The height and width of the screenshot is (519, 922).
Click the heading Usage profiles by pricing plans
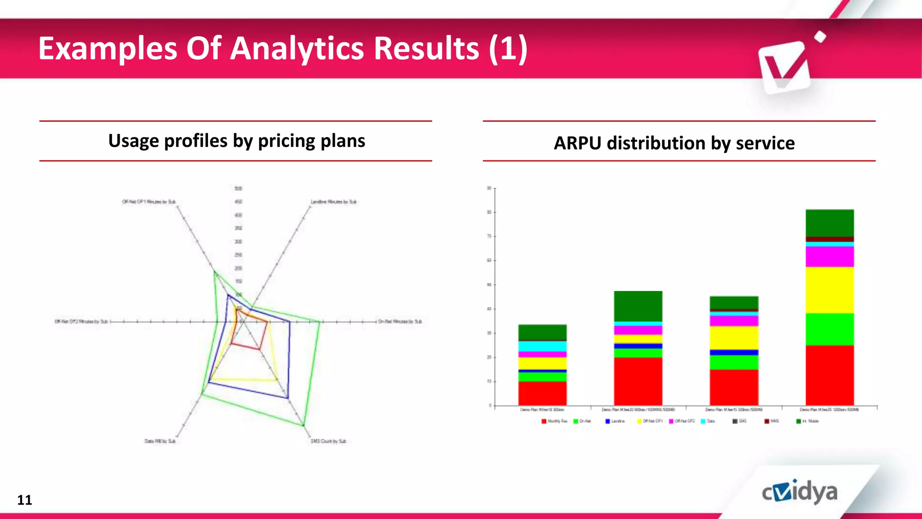[236, 141]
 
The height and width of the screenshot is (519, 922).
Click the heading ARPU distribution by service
[674, 143]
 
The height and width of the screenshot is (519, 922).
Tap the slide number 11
[24, 500]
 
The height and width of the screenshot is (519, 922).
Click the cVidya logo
[800, 492]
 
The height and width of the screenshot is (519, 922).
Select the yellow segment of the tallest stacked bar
[829, 290]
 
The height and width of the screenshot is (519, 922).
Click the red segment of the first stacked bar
[542, 393]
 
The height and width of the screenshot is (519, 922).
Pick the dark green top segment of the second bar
[638, 306]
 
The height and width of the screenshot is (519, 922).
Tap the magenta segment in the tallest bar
[829, 256]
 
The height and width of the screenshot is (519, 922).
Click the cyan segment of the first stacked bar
[542, 346]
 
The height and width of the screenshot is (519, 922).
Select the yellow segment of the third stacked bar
[734, 337]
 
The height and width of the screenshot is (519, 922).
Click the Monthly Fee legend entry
[554, 421]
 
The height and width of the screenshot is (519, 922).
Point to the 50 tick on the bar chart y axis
[489, 285]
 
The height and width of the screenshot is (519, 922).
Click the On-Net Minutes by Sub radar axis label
[399, 322]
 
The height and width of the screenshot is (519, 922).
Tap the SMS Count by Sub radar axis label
[328, 441]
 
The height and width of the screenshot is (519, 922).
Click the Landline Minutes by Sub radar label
[334, 202]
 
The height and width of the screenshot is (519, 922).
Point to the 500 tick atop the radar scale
[238, 188]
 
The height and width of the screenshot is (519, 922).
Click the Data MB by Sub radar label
[160, 441]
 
